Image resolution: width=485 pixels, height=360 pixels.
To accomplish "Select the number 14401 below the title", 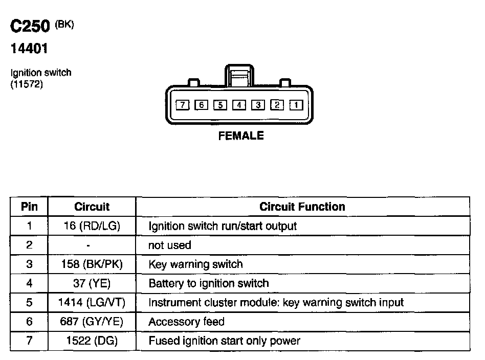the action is click(30, 49).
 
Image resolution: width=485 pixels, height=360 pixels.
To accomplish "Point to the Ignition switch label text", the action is click(41, 73).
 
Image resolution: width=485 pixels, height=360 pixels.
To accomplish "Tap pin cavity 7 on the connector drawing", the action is click(182, 105).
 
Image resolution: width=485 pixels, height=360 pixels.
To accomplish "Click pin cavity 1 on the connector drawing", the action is click(296, 105).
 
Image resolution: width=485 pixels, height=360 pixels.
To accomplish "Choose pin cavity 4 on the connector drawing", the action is click(239, 105).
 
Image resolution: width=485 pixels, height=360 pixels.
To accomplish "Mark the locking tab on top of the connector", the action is click(239, 77).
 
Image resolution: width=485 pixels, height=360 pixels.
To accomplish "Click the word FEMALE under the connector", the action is click(241, 136).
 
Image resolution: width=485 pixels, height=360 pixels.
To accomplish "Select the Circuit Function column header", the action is click(302, 207).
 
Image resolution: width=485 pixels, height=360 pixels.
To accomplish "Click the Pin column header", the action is click(29, 207).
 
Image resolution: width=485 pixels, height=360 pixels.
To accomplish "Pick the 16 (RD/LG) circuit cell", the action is click(92, 226).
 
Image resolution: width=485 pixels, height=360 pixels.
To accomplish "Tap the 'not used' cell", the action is click(169, 245).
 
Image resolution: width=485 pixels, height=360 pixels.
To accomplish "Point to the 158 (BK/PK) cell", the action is click(92, 264).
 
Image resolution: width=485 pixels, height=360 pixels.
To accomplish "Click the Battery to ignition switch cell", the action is click(208, 283).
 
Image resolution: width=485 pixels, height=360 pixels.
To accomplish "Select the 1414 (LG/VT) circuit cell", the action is click(92, 302).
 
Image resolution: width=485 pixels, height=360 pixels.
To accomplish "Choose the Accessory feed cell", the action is click(186, 322).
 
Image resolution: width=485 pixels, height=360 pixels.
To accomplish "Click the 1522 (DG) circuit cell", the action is click(92, 341).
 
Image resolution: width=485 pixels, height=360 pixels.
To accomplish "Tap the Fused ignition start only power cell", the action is click(224, 341).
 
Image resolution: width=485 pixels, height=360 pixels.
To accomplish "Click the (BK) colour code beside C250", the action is click(64, 24).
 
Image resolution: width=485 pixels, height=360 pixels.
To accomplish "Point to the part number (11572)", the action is click(27, 84).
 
